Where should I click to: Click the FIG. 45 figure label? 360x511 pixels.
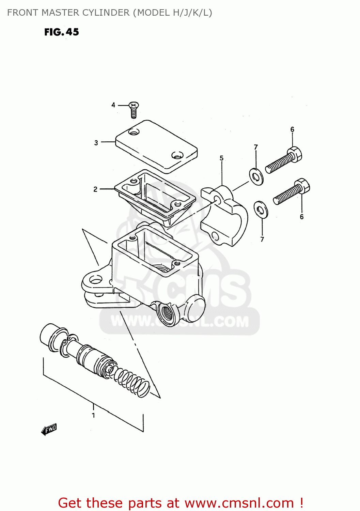62,32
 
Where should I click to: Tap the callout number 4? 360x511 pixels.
113,105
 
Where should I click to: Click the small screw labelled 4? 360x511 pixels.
134,110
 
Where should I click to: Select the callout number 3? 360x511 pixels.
96,143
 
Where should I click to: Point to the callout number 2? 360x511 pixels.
95,189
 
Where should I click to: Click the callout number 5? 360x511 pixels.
221,158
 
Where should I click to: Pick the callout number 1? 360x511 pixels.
93,415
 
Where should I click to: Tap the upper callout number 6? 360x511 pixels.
292,129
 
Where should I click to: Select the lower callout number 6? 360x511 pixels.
302,217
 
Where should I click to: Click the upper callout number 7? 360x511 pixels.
256,147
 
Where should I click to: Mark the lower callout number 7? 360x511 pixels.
262,239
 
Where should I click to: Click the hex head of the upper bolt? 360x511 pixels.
295,154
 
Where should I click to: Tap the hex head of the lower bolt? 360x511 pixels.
302,186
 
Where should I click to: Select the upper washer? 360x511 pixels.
256,176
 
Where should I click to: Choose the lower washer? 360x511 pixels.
261,210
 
